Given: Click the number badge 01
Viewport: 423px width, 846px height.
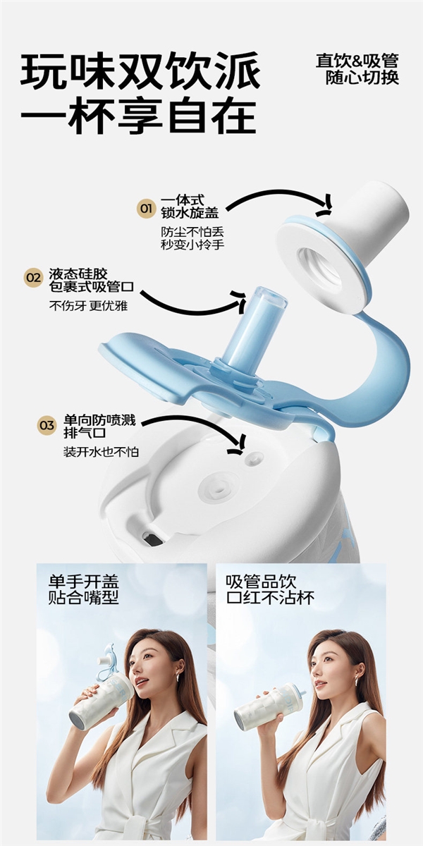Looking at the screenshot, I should click(146, 209).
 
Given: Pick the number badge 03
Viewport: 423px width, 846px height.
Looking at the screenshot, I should click(47, 425).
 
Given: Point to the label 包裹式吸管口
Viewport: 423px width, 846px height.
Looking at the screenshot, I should click(92, 287).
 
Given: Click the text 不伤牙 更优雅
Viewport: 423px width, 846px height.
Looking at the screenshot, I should click(89, 307).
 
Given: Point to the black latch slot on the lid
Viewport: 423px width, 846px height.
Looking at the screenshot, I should click(152, 538).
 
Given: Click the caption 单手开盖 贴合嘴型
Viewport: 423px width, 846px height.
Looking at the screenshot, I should click(83, 590).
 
